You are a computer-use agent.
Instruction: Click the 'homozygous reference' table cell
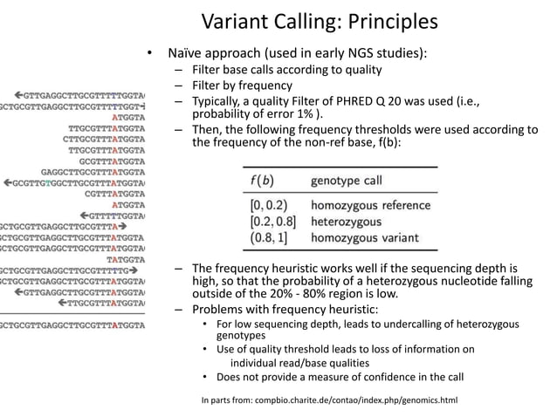pos(370,206)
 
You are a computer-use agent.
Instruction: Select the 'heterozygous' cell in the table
pos(346,222)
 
